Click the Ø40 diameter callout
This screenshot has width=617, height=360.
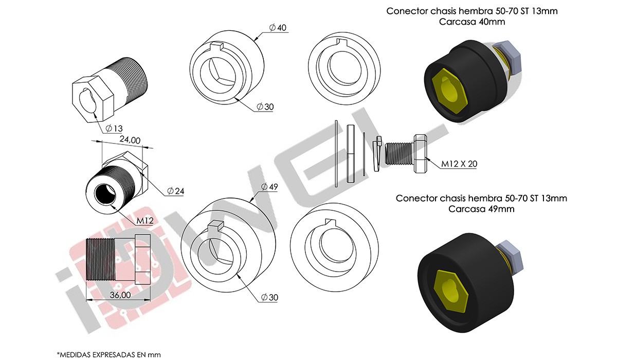[278, 27]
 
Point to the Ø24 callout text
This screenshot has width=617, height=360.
[175, 191]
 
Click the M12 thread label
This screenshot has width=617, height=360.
[146, 221]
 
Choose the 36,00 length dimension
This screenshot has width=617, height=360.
[120, 295]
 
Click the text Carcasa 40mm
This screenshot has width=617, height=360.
[473, 22]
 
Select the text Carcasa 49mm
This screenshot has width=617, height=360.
[481, 209]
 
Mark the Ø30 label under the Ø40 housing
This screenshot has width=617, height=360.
[266, 106]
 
